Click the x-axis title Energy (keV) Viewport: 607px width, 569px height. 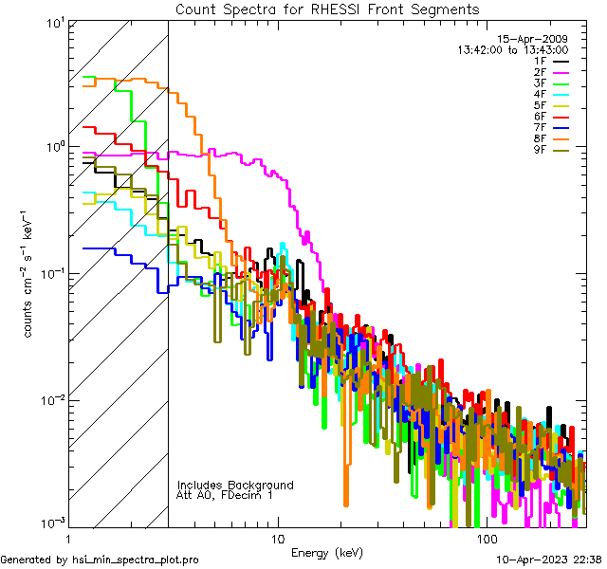(x=326, y=553)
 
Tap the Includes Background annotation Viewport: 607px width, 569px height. (x=235, y=485)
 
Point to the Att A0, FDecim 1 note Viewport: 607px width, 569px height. (x=225, y=495)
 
